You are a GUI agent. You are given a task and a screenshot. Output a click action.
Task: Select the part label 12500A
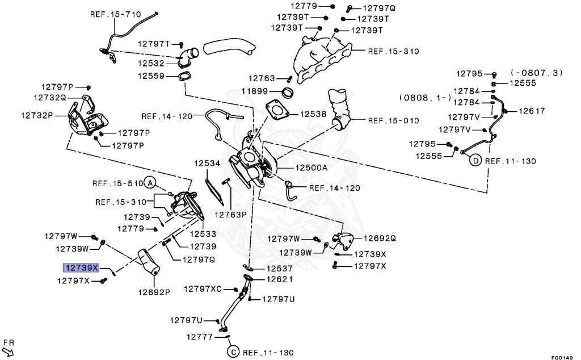point(311,168)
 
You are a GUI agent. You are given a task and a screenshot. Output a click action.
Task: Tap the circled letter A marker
point(149,183)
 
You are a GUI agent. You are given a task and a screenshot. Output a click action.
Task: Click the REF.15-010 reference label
point(393,120)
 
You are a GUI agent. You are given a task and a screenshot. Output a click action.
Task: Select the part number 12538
point(313,114)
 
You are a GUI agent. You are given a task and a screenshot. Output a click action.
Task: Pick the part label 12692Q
point(380,238)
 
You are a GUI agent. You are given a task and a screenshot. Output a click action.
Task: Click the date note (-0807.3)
point(536,73)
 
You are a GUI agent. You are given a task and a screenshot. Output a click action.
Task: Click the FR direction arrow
point(8,348)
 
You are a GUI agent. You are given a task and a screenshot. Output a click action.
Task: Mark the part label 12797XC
point(204,290)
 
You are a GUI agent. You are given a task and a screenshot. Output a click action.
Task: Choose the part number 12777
point(200,337)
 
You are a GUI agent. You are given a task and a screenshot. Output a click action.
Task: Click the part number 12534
point(207,163)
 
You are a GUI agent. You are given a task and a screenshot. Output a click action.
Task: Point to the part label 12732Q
point(50,98)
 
